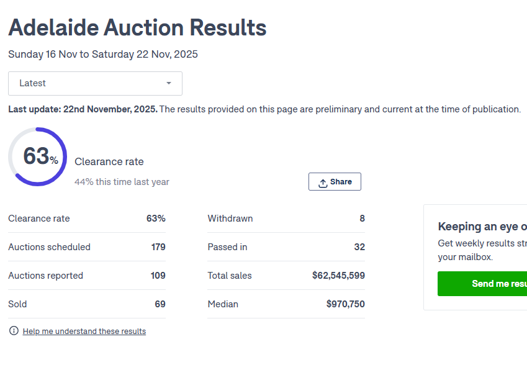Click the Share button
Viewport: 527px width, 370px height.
click(x=335, y=182)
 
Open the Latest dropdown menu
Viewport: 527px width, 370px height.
click(x=95, y=83)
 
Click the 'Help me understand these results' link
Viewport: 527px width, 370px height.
click(x=84, y=332)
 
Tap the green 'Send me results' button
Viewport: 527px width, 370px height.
click(x=482, y=284)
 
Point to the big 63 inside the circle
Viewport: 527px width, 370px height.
click(x=37, y=156)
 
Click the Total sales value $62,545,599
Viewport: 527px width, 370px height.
click(x=338, y=276)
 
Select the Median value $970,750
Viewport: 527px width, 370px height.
click(x=345, y=304)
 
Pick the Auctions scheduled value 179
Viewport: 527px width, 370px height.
click(x=158, y=247)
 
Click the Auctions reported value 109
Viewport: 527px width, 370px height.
click(x=158, y=276)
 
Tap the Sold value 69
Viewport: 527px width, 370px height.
click(x=160, y=304)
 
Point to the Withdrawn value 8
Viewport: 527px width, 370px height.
click(x=362, y=219)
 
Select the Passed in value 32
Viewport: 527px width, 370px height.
click(x=359, y=247)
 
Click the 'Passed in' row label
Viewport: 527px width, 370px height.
click(x=227, y=247)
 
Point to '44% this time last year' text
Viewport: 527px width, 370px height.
click(x=122, y=182)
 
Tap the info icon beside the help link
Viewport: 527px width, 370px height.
click(x=14, y=331)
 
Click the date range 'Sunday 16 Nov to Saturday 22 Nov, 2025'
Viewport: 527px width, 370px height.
click(x=103, y=55)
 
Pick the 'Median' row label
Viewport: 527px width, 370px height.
click(x=223, y=304)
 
